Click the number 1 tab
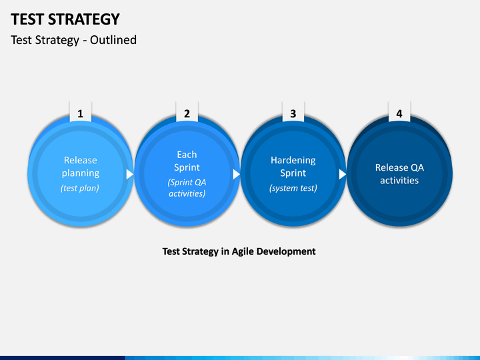[x=81, y=112]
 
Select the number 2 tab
[x=187, y=112]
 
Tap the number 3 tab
[x=293, y=112]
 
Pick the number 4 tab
[x=399, y=112]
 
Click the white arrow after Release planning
[x=130, y=174]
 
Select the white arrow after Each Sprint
[x=236, y=174]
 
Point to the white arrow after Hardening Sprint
[x=343, y=174]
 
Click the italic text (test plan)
[x=80, y=188]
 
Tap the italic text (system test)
[x=293, y=188]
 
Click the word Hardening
[x=293, y=161]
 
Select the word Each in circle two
[x=187, y=155]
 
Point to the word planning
[x=81, y=173]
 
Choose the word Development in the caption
[x=286, y=251]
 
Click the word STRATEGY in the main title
[x=84, y=19]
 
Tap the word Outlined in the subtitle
[x=113, y=40]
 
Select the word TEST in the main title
[x=27, y=19]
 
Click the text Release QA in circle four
[x=399, y=167]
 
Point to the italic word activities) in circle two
[x=187, y=194]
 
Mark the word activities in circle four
[x=399, y=180]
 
